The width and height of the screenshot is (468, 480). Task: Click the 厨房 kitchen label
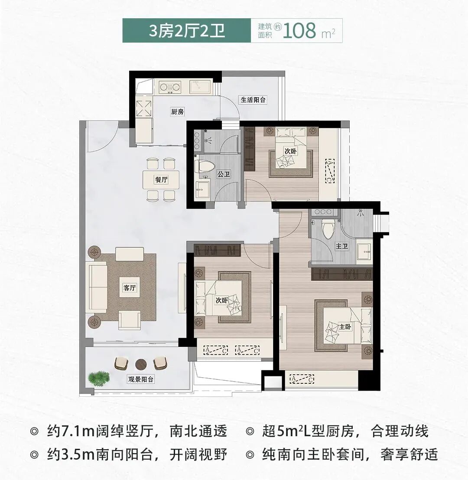tap(177, 112)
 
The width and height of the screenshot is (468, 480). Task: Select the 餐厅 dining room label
tap(161, 180)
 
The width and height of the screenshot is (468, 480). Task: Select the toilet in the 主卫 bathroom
tap(328, 225)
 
